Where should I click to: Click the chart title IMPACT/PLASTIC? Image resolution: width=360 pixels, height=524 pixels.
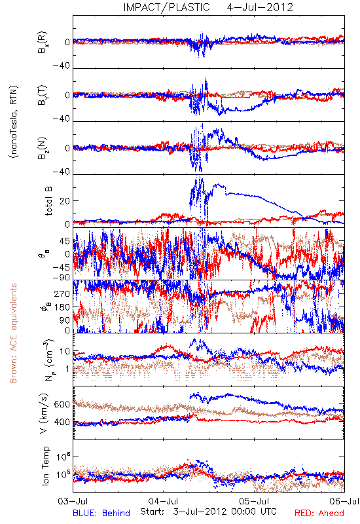(167, 7)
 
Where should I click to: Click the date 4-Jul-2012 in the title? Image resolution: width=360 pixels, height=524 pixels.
(260, 7)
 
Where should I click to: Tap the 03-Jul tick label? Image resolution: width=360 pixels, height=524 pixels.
(73, 501)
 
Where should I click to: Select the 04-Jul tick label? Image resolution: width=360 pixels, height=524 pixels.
(163, 501)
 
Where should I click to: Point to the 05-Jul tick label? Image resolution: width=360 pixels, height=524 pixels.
(254, 501)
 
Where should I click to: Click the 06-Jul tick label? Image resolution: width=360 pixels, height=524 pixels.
(344, 501)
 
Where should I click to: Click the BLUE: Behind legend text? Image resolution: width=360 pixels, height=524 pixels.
(101, 514)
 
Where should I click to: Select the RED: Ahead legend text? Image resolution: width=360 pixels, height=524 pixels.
(319, 514)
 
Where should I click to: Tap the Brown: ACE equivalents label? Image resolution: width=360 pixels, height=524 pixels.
(13, 333)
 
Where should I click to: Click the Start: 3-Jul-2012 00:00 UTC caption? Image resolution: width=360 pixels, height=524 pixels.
(208, 512)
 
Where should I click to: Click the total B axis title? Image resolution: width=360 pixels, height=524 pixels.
(48, 201)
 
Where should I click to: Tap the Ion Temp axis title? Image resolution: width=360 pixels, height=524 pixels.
(45, 466)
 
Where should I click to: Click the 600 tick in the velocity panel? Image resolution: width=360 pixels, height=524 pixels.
(62, 404)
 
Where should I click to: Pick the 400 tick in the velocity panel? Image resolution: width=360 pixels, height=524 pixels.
(62, 422)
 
